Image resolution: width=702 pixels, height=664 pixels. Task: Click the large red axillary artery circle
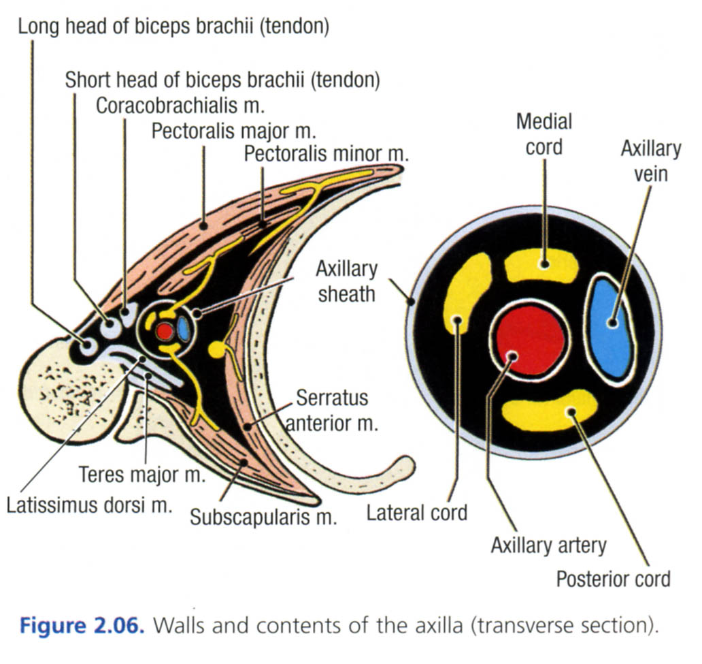tap(531, 339)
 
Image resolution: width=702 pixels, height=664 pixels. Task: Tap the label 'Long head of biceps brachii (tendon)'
tap(173, 27)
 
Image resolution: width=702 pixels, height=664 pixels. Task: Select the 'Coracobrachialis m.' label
tap(180, 106)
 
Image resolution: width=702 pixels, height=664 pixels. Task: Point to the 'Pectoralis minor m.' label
tap(326, 154)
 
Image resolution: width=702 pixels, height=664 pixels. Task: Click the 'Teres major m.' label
tap(141, 474)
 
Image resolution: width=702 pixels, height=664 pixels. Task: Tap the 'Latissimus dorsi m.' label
tap(88, 505)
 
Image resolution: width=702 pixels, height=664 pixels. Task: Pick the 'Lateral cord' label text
tap(417, 512)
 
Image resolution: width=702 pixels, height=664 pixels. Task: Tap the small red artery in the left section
tap(164, 331)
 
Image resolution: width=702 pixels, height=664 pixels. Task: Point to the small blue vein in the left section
tap(183, 328)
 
